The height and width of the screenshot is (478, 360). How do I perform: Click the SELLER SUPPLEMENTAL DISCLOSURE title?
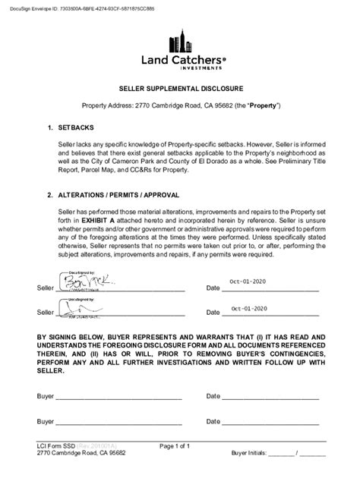click(x=180, y=88)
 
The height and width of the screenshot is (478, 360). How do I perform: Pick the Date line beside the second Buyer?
click(x=270, y=422)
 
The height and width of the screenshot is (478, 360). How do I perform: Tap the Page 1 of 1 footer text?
click(x=179, y=445)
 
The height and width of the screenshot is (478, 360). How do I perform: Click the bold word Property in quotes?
click(x=263, y=105)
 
